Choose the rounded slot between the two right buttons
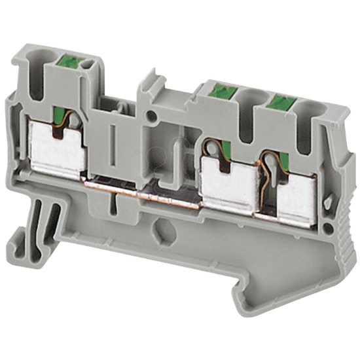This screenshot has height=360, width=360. (x=251, y=115)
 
